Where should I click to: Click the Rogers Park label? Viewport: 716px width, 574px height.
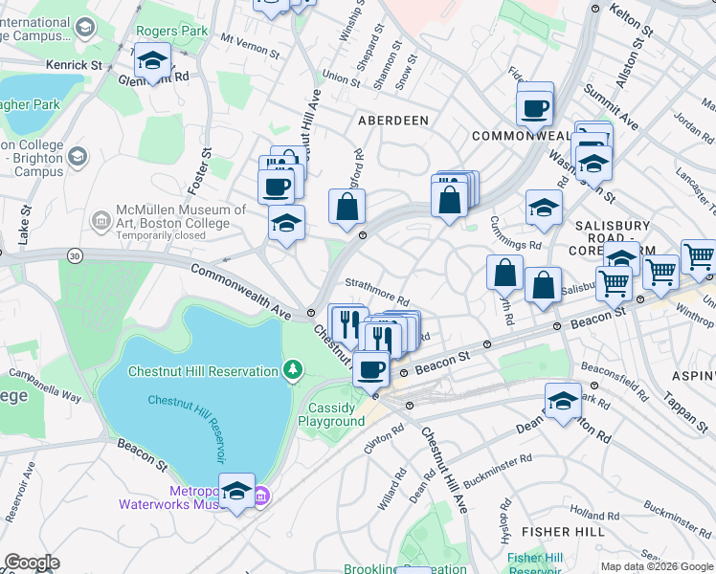pos(172,32)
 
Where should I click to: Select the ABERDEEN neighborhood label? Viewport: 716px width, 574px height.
pos(392,121)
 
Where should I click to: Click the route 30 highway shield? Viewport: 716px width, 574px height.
pos(75,254)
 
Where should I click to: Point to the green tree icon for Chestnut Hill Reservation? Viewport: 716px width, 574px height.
pos(295,369)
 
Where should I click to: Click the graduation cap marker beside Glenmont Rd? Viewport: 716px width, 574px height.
pos(152,63)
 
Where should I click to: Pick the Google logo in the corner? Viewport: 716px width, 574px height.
pos(32,563)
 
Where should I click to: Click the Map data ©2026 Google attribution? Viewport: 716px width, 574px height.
pos(658,566)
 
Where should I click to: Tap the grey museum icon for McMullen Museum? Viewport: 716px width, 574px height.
pos(101,221)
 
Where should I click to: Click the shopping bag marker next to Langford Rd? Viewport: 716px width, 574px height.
pos(347,205)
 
